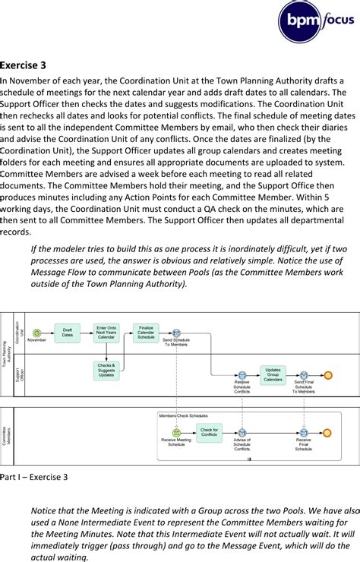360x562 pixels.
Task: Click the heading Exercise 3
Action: coord(24,65)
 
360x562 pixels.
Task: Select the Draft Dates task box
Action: coord(67,333)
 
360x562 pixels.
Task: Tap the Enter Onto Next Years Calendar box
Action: coord(106,333)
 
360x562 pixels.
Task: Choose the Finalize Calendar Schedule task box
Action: coord(146,332)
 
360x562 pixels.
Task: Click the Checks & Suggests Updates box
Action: coord(106,370)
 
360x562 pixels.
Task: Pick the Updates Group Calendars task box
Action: coord(273,374)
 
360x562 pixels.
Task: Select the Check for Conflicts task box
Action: coord(209,433)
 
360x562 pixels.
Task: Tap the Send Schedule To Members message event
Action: coord(176,333)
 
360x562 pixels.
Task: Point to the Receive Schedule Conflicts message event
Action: coord(242,375)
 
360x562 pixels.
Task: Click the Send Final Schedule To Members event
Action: coord(303,375)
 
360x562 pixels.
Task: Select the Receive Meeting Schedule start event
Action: coord(176,433)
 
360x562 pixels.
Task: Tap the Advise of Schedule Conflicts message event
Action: coord(242,433)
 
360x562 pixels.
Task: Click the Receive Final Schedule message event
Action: coord(303,433)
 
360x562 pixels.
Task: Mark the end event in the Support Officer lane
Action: coord(328,375)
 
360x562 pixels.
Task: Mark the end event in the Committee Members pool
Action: coord(327,433)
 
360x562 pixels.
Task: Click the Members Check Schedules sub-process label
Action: coord(183,415)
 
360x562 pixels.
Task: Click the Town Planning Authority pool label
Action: coord(7,354)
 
